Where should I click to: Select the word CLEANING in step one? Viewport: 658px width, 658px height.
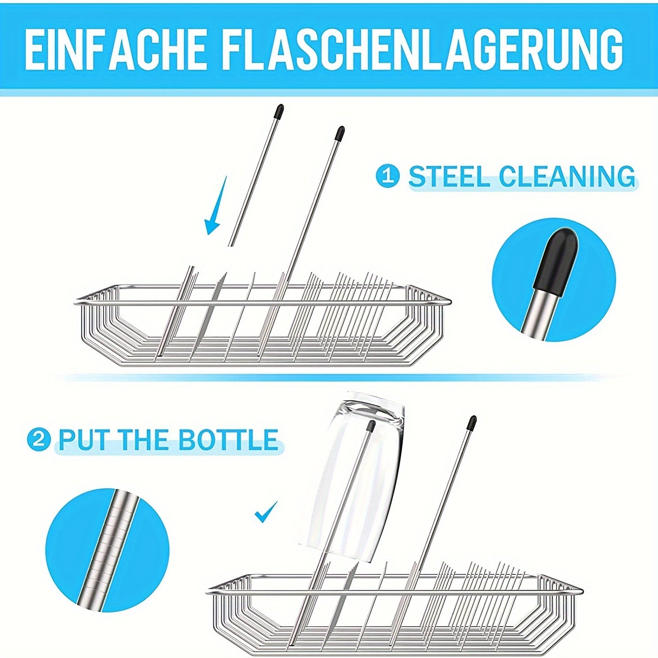click(x=568, y=176)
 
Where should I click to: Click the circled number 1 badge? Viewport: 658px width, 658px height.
click(x=388, y=176)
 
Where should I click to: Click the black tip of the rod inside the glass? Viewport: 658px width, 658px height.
click(x=371, y=426)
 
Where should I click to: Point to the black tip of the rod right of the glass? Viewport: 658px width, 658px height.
click(x=472, y=423)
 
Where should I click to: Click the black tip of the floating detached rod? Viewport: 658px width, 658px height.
click(x=279, y=112)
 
